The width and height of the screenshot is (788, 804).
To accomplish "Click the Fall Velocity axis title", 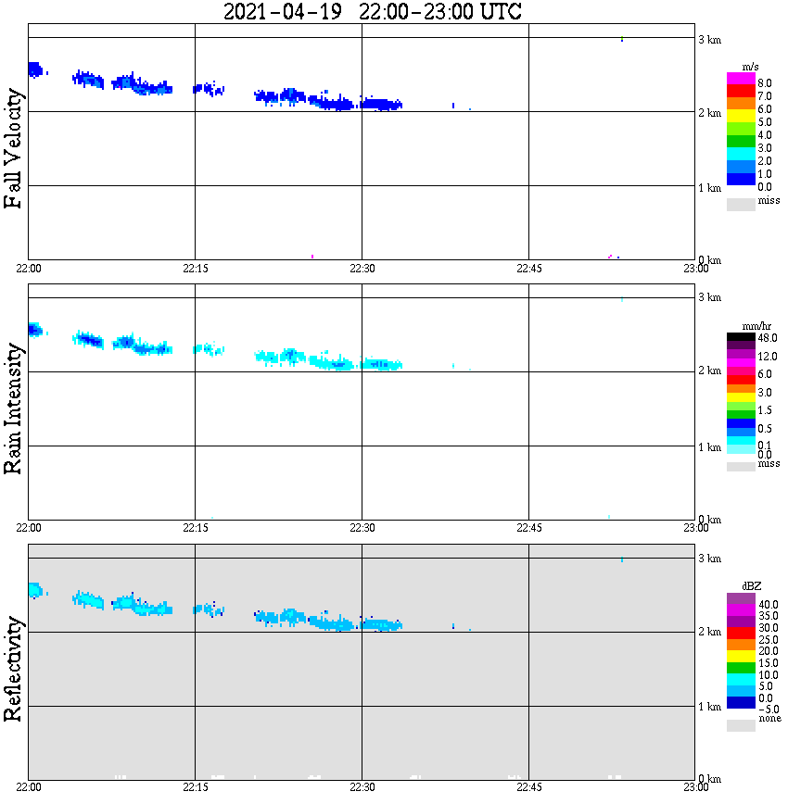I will click(x=14, y=148).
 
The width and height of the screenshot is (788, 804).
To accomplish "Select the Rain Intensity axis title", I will click(x=14, y=408).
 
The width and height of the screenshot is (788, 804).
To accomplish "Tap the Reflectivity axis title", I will click(x=14, y=671).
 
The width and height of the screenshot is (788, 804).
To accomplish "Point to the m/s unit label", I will click(x=752, y=67).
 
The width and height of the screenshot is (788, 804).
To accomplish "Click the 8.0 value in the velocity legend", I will click(x=767, y=82).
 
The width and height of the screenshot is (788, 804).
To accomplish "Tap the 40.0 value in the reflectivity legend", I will click(x=768, y=604).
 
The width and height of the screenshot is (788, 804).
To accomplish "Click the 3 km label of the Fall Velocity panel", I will click(x=709, y=38).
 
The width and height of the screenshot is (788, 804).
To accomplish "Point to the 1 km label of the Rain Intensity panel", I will click(x=709, y=447).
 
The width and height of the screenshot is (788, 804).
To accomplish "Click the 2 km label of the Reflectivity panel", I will click(x=709, y=633).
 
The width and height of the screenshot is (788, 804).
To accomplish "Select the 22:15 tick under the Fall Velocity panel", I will click(x=195, y=269).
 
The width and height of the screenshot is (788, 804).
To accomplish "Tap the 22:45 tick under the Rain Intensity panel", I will click(x=528, y=528).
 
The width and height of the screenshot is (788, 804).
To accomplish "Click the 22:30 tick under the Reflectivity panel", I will click(x=362, y=787).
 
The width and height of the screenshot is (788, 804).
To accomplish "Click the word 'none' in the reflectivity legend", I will click(x=769, y=719).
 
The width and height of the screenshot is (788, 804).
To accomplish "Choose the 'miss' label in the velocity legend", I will click(x=769, y=201).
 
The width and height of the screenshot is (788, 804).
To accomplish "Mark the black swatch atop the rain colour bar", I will click(x=741, y=336).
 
